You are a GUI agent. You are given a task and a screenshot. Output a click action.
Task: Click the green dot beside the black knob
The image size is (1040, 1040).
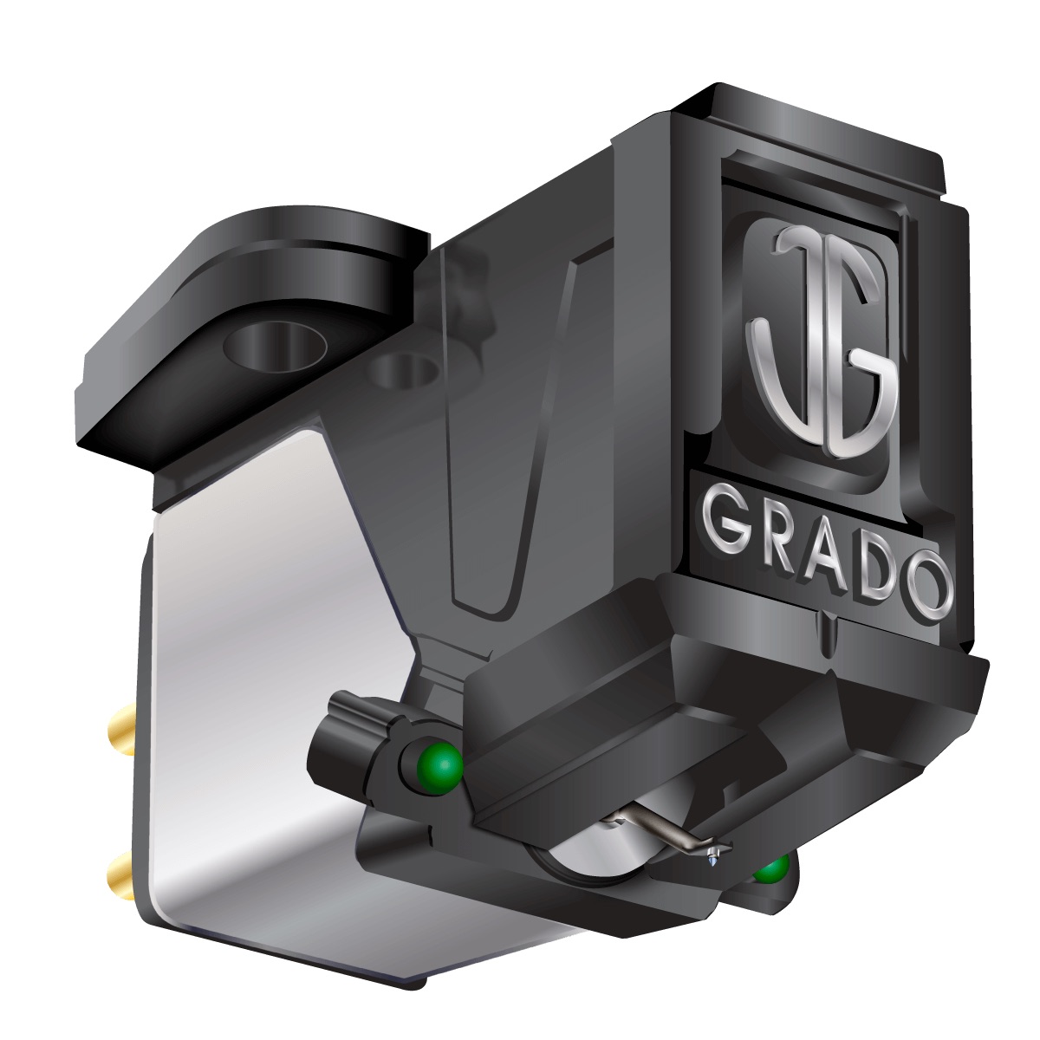(442, 765)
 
